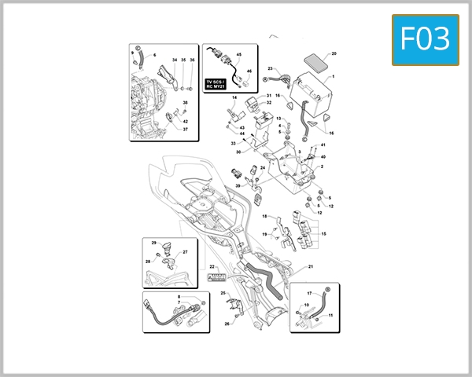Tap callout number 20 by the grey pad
334,53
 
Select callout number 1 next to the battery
333,76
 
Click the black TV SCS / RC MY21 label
216,85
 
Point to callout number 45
239,54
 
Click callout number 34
174,60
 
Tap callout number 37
186,130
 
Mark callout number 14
234,97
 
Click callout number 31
268,94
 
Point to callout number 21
311,267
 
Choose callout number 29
154,243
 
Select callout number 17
309,293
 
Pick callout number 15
323,234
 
